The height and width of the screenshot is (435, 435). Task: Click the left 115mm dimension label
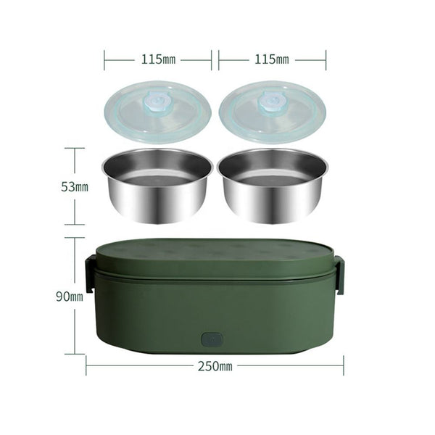click(158, 60)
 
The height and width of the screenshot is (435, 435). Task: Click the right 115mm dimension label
click(272, 60)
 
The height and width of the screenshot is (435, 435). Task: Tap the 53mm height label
click(74, 187)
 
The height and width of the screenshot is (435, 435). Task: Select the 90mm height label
click(71, 297)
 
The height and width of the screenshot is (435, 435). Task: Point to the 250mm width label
click(215, 366)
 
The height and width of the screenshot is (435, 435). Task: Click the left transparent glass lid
click(158, 112)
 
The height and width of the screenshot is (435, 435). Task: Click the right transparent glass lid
click(273, 112)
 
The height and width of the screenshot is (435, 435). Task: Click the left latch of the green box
click(89, 273)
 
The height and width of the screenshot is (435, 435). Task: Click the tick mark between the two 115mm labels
click(215, 60)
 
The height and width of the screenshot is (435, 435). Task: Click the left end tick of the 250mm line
click(86, 365)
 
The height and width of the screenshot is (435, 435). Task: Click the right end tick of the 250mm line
click(344, 365)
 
